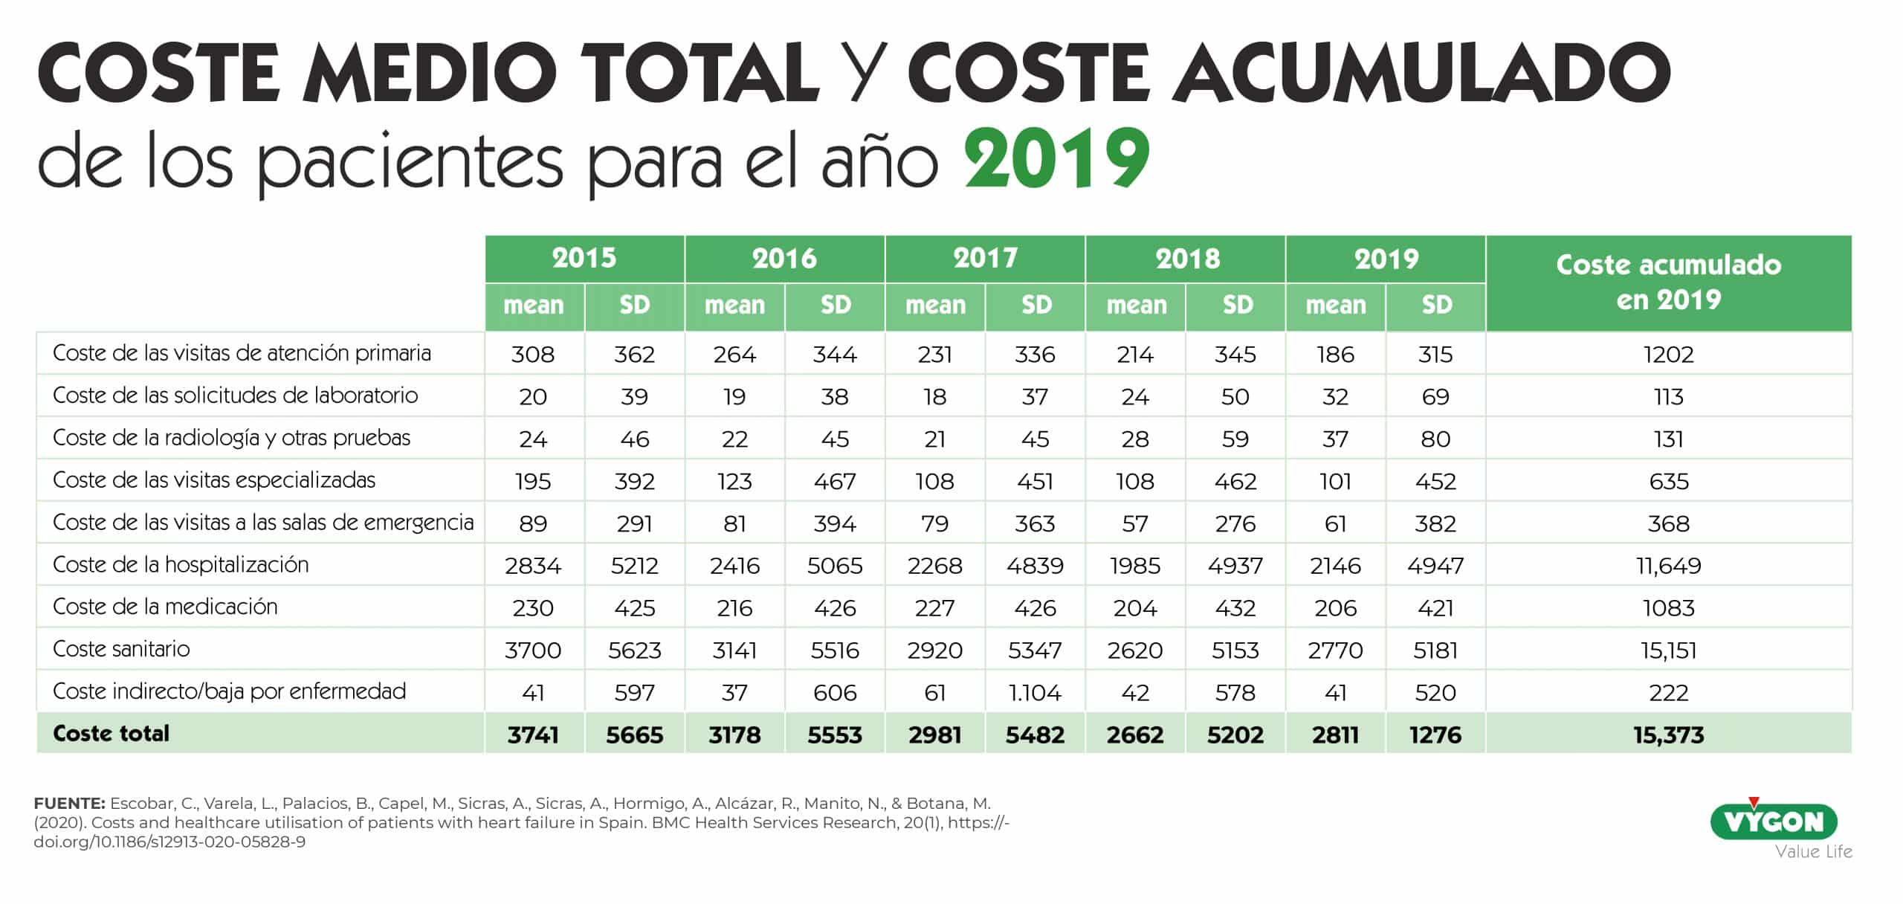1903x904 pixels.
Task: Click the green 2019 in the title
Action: point(1057,159)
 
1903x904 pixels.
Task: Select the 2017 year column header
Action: point(985,259)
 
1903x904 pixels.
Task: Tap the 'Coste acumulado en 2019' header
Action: point(1668,282)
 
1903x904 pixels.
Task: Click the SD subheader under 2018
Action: point(1236,306)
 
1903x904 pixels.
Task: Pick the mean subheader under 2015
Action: point(534,306)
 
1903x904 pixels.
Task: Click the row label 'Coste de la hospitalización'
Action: point(181,565)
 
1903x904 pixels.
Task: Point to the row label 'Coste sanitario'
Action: point(121,649)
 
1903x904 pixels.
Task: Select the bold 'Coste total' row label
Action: point(112,734)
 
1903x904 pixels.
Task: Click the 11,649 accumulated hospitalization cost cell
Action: point(1668,566)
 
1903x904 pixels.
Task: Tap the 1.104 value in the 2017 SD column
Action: point(1035,693)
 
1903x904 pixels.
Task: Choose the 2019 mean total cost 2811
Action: point(1335,735)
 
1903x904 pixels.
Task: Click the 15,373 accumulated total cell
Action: point(1668,735)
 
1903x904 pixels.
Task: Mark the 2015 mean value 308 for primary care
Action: point(533,355)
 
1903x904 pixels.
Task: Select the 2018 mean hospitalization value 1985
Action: point(1135,566)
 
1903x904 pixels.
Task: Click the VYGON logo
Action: point(1774,821)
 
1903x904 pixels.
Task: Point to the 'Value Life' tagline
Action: point(1813,852)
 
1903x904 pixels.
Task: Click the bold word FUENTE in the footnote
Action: point(69,804)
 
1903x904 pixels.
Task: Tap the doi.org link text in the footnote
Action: point(169,842)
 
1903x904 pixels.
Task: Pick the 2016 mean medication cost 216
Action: point(734,608)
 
